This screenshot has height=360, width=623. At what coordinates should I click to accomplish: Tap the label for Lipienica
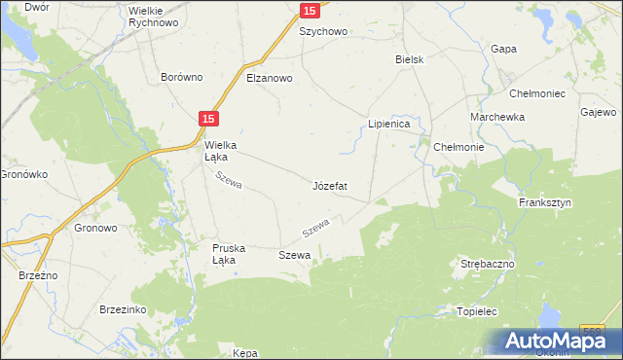[392, 125]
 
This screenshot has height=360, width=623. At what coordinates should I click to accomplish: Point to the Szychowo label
[323, 31]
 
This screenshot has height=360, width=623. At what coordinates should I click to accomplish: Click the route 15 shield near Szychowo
[309, 10]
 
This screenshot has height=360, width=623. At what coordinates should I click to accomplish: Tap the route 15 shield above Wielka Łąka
[210, 118]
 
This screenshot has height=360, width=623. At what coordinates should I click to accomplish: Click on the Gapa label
[503, 49]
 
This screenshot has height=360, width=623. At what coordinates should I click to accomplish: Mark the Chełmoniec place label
[537, 93]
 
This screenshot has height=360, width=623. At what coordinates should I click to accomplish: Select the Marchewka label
[497, 117]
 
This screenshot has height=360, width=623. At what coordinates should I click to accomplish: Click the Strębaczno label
[487, 264]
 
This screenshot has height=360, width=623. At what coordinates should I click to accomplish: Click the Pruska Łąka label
[232, 254]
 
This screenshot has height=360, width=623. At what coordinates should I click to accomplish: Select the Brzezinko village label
[122, 308]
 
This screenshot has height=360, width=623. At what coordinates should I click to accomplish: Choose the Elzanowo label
[270, 78]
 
